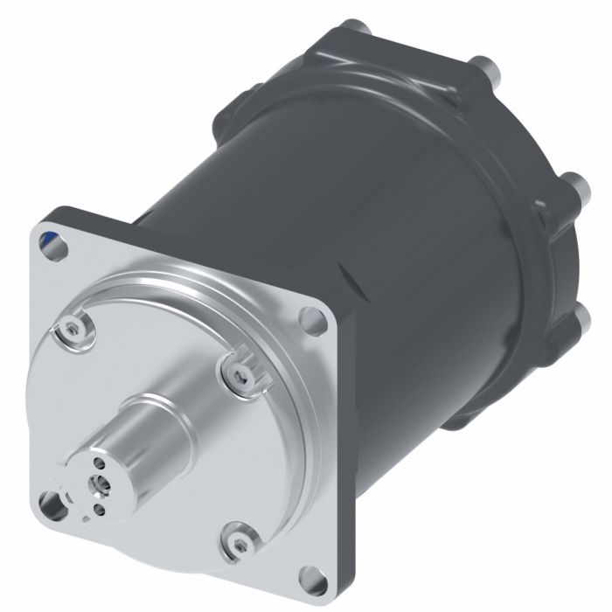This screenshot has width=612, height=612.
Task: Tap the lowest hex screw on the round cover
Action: (240, 541)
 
